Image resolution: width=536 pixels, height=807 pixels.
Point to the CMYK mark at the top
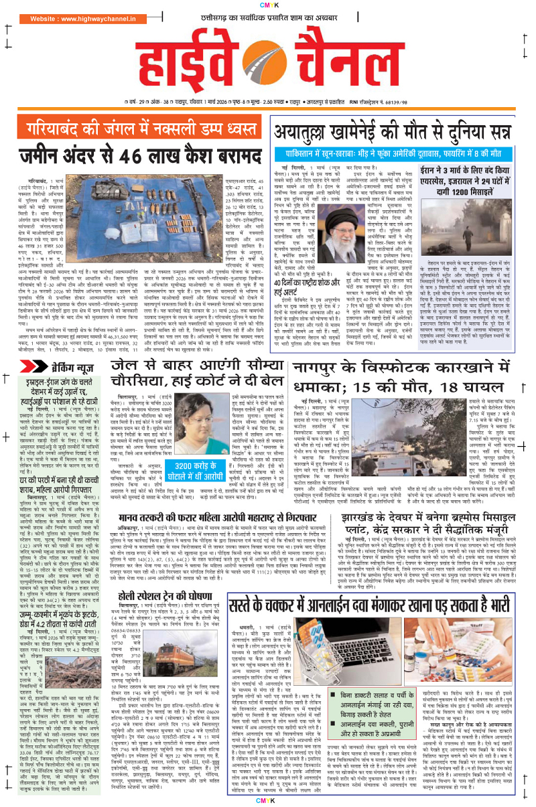coord(267,5)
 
